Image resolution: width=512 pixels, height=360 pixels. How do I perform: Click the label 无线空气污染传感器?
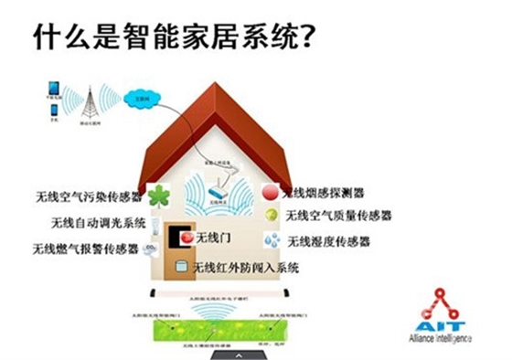[x=88, y=196]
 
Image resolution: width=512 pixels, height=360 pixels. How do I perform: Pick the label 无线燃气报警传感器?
[x=86, y=248]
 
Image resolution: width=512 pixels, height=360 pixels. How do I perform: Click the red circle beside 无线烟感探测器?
[x=270, y=194]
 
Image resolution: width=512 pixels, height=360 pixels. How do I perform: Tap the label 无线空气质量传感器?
[x=338, y=217]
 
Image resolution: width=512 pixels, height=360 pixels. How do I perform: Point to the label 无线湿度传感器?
[x=328, y=242]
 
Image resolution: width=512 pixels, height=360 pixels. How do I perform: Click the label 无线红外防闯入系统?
[x=248, y=268]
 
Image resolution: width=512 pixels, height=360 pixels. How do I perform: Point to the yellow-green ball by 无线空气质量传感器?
[x=271, y=216]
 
